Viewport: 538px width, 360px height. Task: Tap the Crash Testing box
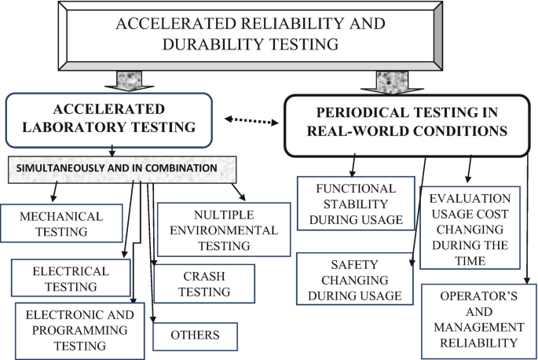click(204, 283)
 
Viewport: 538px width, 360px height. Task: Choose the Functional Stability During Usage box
click(355, 203)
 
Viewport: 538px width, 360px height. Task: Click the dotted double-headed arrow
click(253, 120)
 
